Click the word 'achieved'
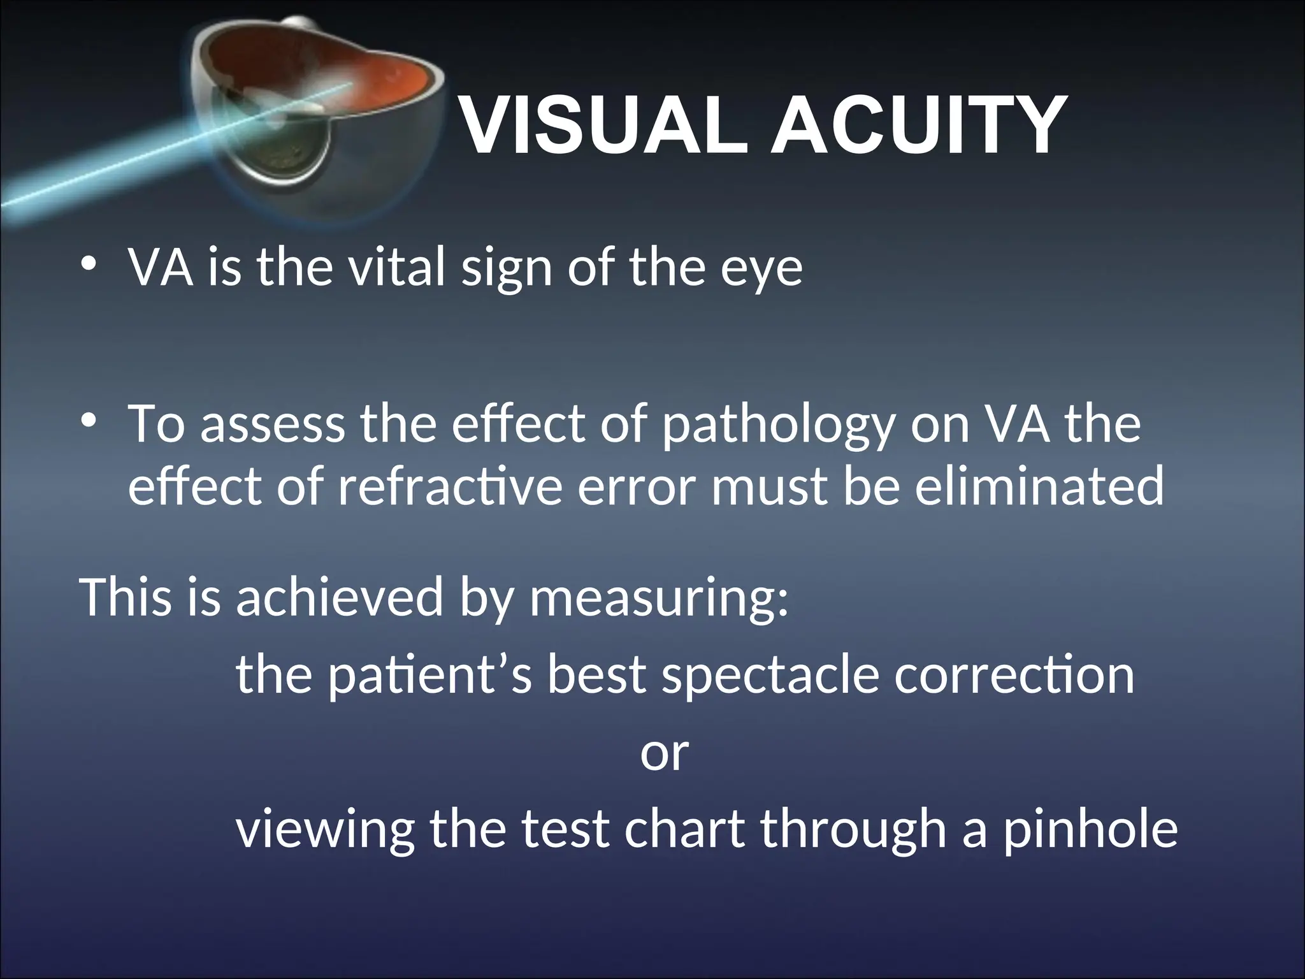339,598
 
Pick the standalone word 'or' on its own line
665,754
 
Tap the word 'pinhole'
1090,831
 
